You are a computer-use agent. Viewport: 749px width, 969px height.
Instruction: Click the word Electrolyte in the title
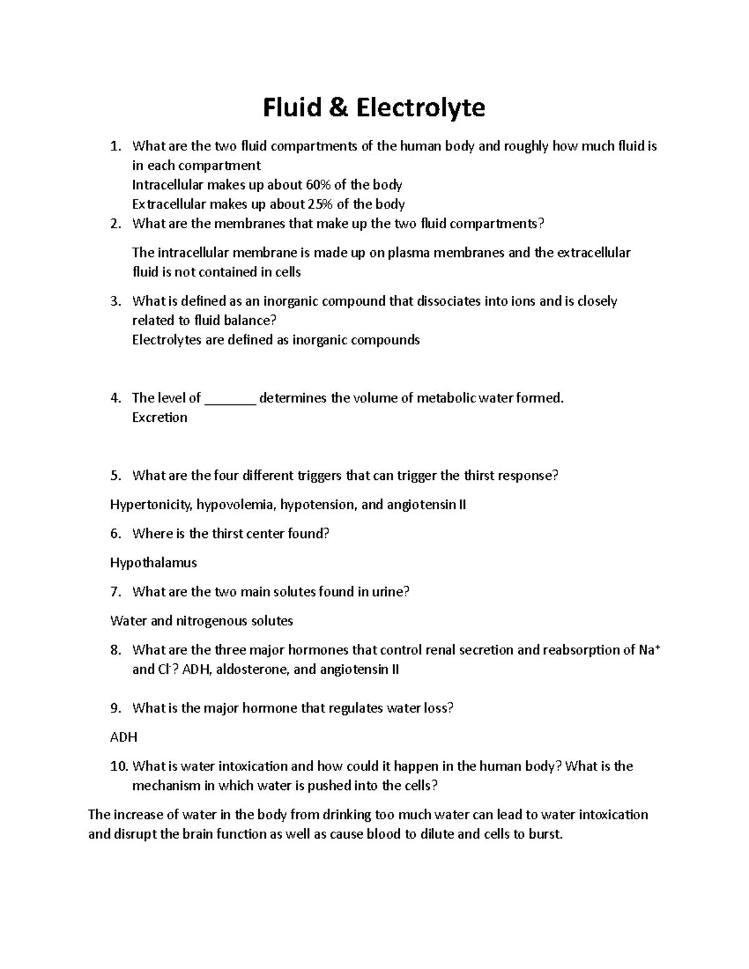pyautogui.click(x=421, y=108)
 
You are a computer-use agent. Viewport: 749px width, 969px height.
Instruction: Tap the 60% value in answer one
pyautogui.click(x=318, y=185)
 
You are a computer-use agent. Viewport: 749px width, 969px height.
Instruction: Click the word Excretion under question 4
pyautogui.click(x=159, y=417)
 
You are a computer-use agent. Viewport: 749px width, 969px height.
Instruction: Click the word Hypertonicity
pyautogui.click(x=150, y=505)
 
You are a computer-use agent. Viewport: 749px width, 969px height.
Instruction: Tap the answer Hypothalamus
pyautogui.click(x=153, y=563)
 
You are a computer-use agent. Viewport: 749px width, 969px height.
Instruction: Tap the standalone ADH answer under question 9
pyautogui.click(x=123, y=737)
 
